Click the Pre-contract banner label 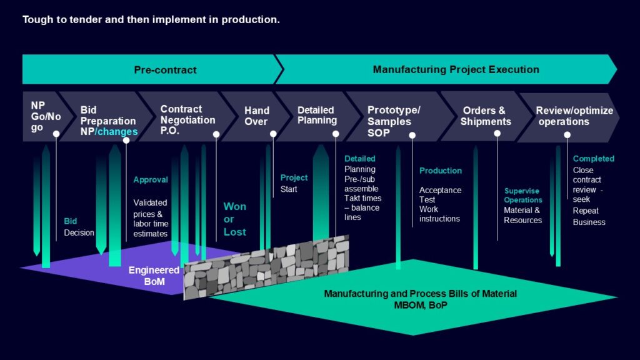coord(165,70)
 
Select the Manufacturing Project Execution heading coord(456,69)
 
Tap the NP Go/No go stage coord(46,116)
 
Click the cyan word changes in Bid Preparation coord(117,131)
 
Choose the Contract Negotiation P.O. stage coord(187,120)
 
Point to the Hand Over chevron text coord(257,116)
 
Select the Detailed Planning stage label coord(317,115)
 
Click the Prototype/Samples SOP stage coord(394,121)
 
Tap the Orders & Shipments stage coord(486,116)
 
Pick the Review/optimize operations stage coord(574,116)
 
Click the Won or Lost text coord(235,219)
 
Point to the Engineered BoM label coord(154,276)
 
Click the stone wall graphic coord(266,266)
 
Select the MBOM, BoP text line coord(421,305)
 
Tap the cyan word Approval coord(151,179)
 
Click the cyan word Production coord(441,171)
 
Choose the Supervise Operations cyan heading coord(523,195)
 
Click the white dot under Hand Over coord(273,134)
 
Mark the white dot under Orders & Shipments coord(497,134)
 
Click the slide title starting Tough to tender coord(151,19)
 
